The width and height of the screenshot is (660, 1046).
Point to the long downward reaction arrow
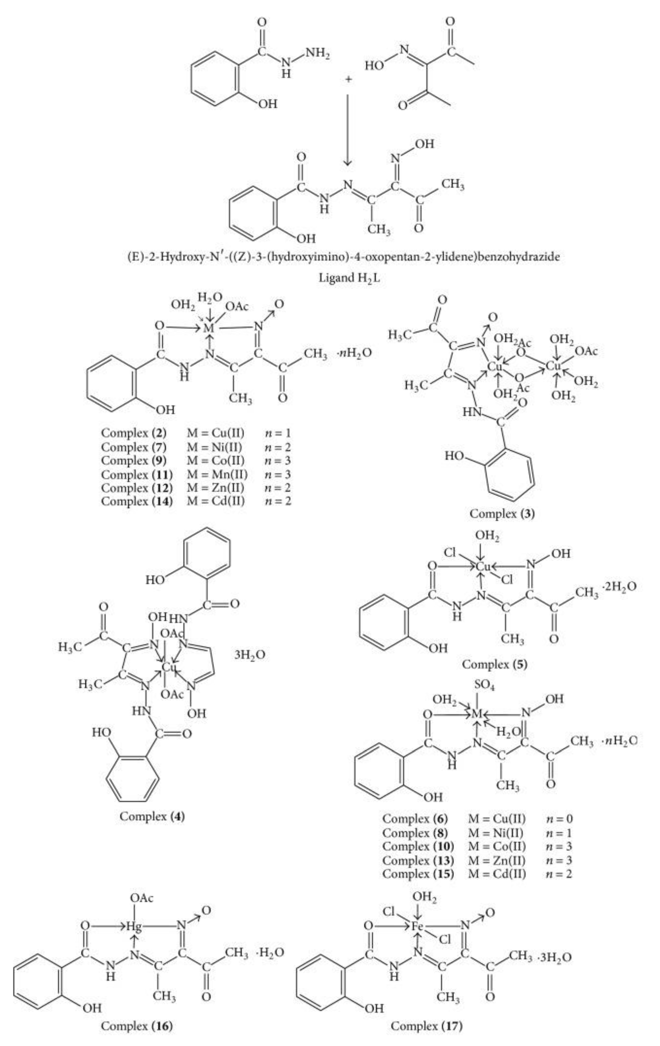pyautogui.click(x=348, y=130)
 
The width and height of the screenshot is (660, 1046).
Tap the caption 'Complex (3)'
pyautogui.click(x=502, y=514)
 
